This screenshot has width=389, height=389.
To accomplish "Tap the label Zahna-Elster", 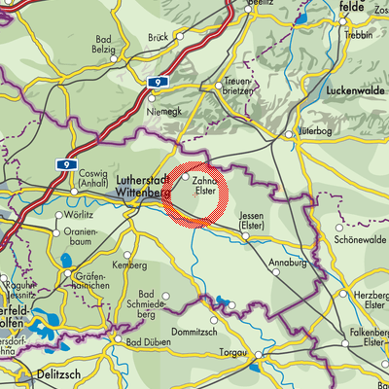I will coord(204,186).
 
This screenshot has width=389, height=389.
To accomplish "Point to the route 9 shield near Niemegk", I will coord(158,86).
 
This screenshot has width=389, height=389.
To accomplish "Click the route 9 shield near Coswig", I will coord(65,166).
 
